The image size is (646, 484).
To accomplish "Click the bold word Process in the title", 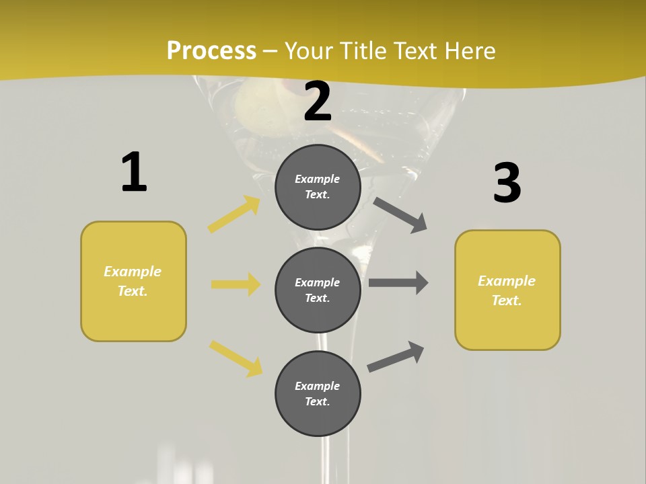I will [211, 51].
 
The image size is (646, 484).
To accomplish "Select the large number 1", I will [134, 173].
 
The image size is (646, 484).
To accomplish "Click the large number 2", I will [318, 102].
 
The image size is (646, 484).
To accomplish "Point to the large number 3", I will [507, 184].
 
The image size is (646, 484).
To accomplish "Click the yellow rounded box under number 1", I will [133, 281].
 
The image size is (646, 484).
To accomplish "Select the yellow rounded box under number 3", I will [507, 290].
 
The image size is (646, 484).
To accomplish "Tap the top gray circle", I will [318, 187].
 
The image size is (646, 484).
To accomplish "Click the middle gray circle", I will [318, 290].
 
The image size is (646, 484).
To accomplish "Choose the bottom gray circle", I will [318, 393].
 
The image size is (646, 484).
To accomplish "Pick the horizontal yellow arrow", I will [236, 284].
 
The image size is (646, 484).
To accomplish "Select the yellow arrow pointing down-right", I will [236, 358].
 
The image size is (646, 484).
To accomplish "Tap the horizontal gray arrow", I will [398, 282].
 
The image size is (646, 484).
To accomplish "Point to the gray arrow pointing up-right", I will [396, 356].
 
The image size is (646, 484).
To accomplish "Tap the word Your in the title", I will [308, 51].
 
